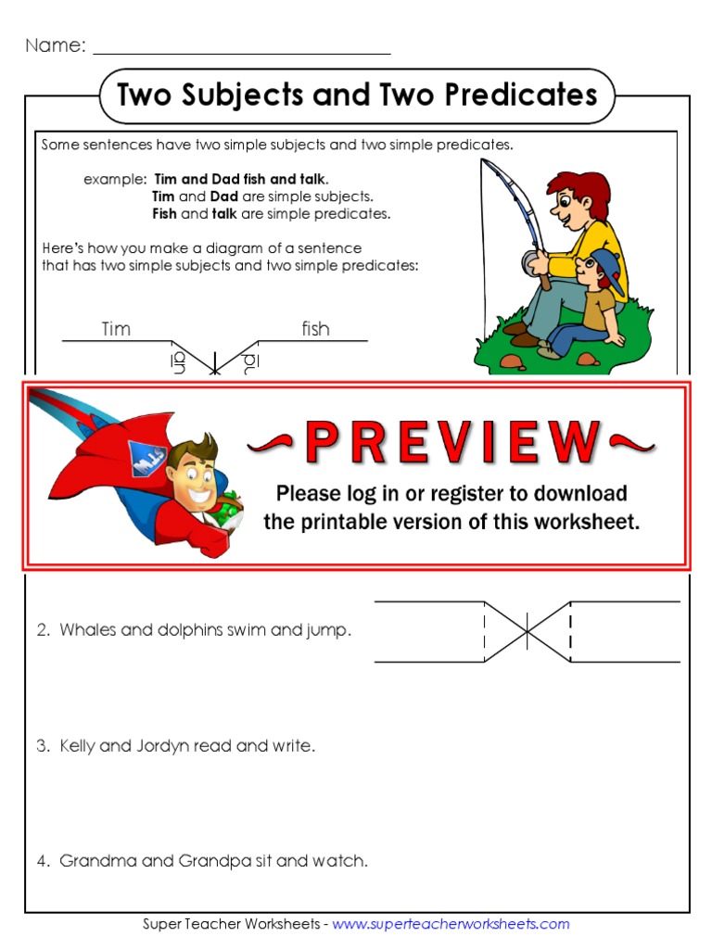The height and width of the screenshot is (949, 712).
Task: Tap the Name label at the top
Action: tap(55, 45)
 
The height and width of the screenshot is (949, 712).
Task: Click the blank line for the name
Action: tap(241, 48)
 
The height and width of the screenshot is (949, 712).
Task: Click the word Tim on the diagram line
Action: tap(116, 329)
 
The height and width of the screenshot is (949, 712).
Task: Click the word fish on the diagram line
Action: tap(315, 329)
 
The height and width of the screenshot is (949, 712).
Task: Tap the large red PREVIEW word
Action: tap(451, 443)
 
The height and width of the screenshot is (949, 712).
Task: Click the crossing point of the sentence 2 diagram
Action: tap(527, 631)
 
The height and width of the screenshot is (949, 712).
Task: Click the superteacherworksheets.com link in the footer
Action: tap(451, 924)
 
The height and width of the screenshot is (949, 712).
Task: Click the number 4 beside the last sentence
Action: tap(43, 861)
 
